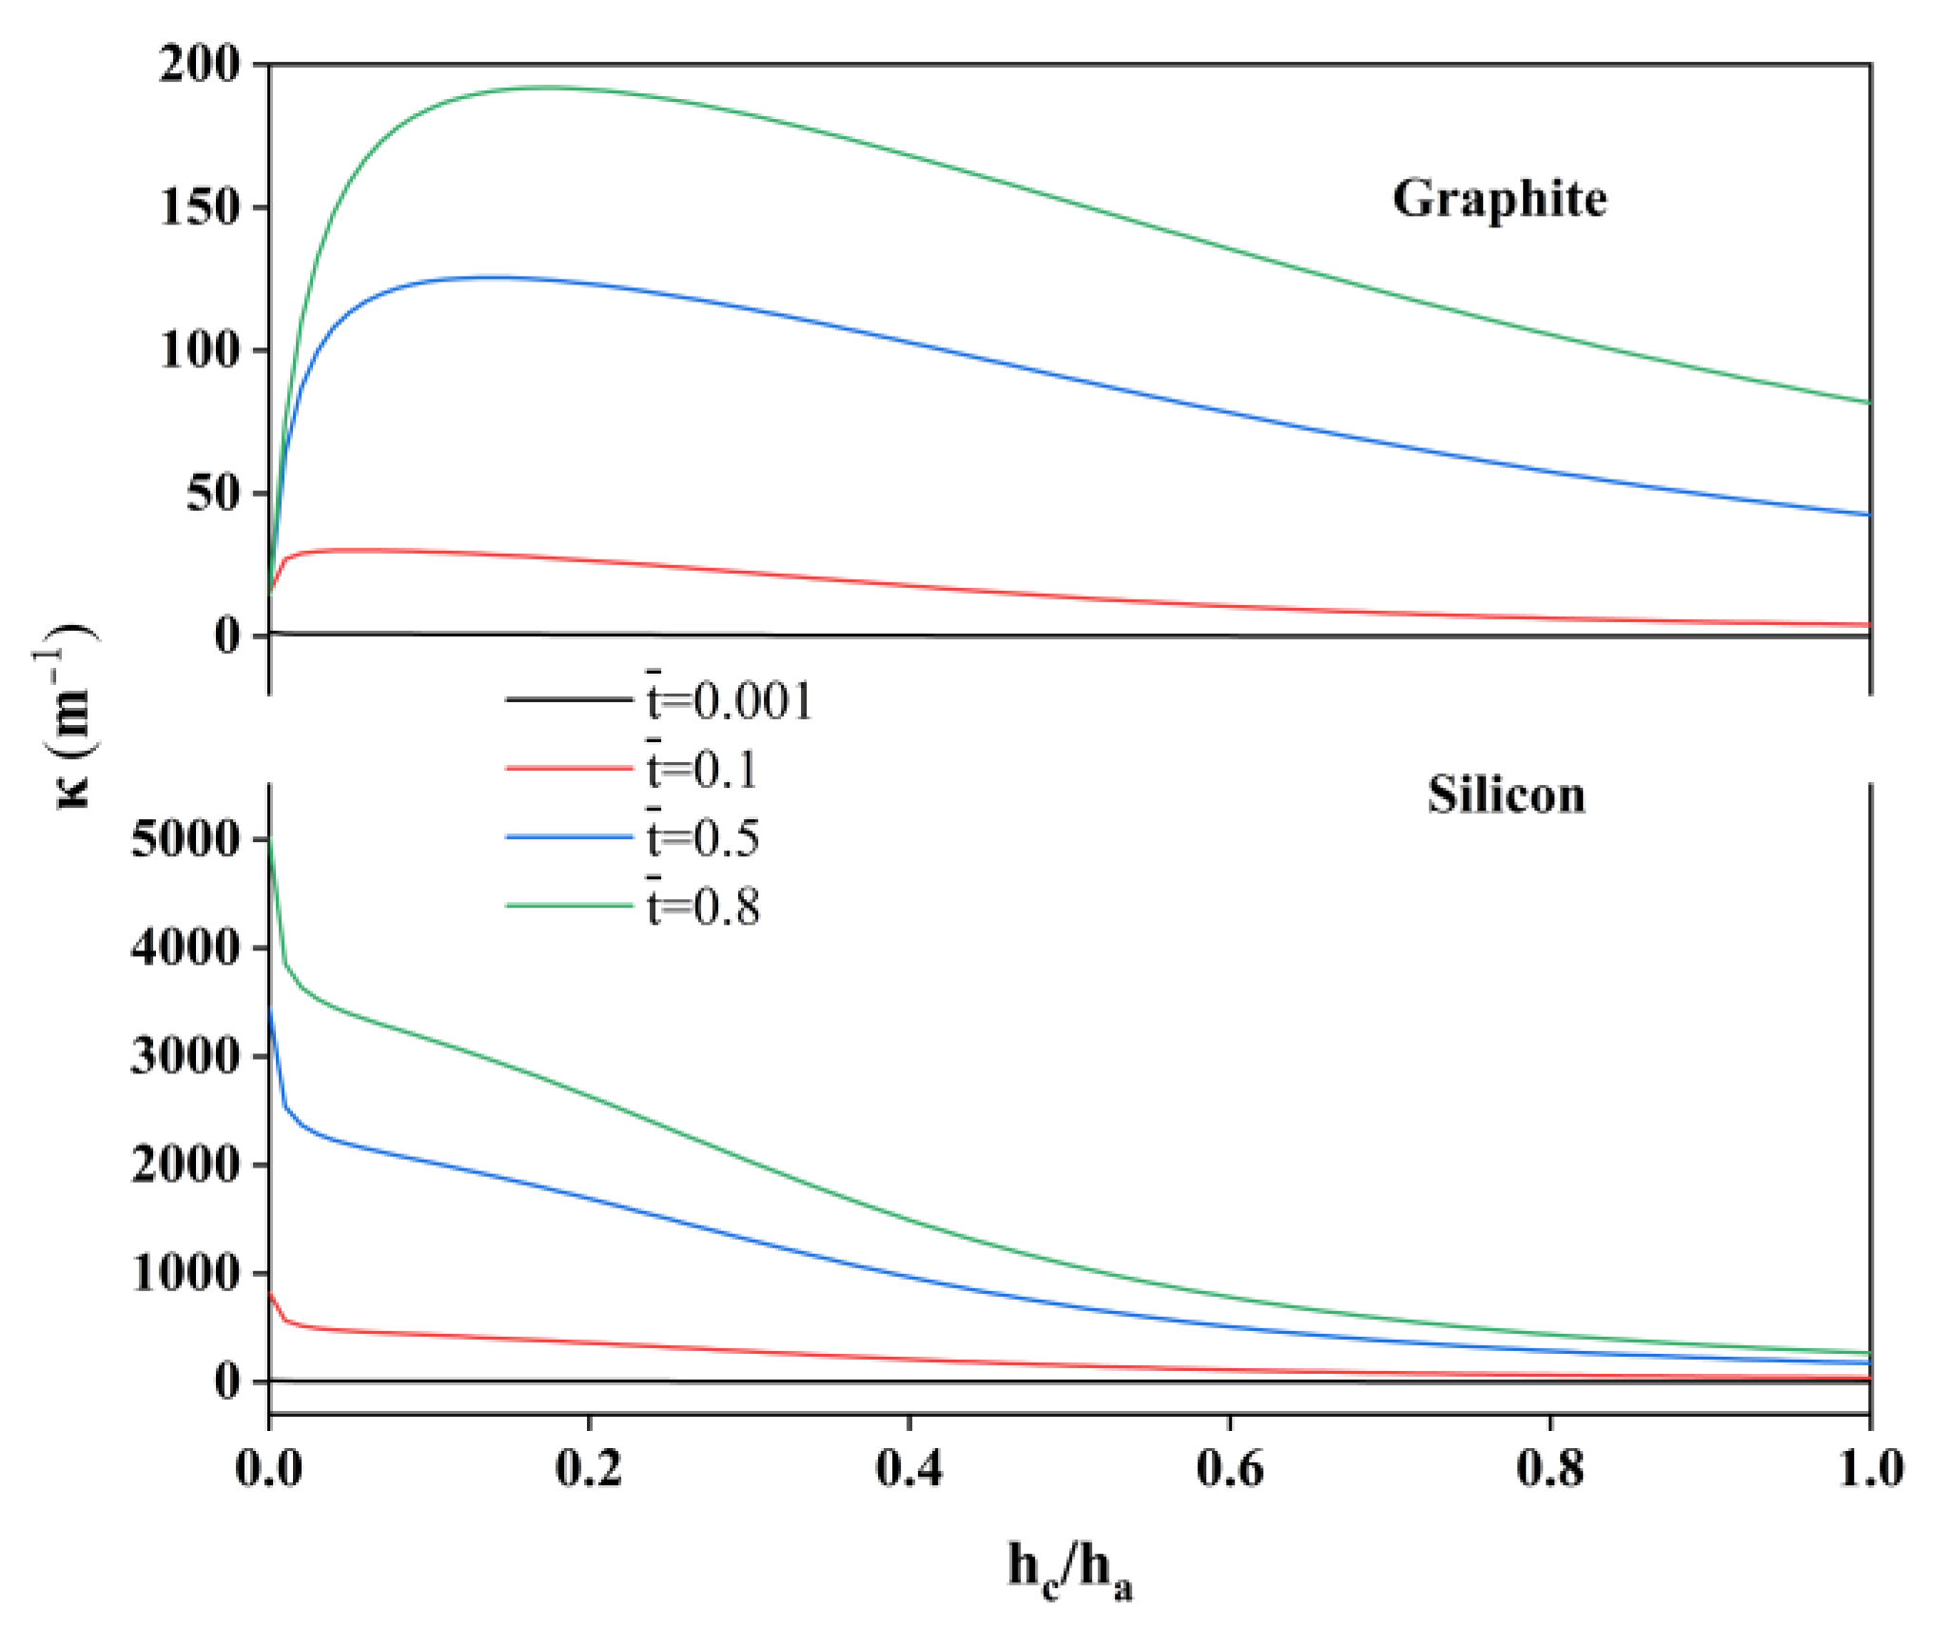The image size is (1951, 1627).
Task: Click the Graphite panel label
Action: (1499, 200)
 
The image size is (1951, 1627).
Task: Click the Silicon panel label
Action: (1506, 795)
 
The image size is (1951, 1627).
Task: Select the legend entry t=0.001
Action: (730, 701)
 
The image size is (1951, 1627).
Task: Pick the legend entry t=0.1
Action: (702, 769)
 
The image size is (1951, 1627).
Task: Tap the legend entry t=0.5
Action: (703, 838)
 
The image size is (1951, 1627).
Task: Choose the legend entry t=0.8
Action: (703, 907)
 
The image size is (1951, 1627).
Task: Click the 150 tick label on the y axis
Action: (201, 207)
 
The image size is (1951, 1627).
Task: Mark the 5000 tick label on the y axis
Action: (186, 839)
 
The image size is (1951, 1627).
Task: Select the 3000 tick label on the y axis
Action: (186, 1056)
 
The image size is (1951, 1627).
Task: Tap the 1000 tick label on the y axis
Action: (186, 1273)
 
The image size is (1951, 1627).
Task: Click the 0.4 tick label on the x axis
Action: (908, 1468)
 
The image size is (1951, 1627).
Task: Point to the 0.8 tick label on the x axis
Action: (1550, 1468)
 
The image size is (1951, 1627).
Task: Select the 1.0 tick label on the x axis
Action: (1870, 1468)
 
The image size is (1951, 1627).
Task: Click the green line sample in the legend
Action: (569, 905)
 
